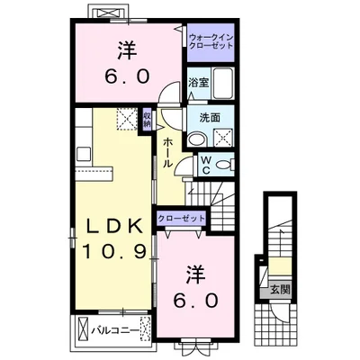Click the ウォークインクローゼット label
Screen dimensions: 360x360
coord(212,40)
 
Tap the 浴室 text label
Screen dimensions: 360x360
coord(198,82)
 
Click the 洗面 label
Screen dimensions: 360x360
coord(199,117)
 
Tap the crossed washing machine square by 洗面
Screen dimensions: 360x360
coord(220,136)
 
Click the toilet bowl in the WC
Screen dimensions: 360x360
coord(223,164)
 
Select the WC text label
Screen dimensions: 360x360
coord(204,165)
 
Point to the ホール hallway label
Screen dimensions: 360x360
coord(168,155)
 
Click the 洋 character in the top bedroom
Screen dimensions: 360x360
coord(126,48)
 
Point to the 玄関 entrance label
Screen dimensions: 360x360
coord(279,289)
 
